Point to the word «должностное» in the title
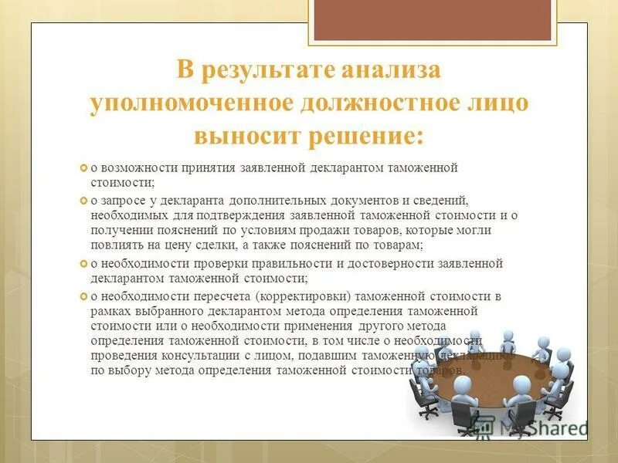click(380, 104)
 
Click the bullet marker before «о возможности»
click(84, 167)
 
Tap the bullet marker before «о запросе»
click(84, 201)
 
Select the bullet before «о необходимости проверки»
click(84, 264)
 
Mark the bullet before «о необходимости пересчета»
click(84, 296)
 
